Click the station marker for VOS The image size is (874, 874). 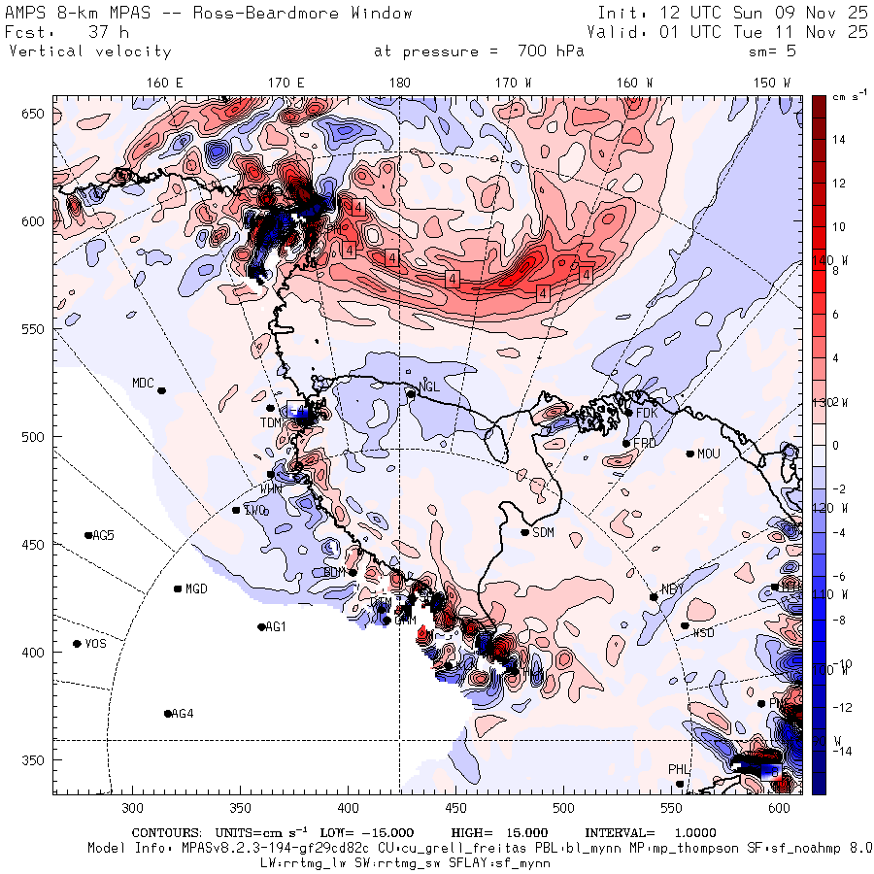[x=77, y=644]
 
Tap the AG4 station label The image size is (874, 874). [x=183, y=714]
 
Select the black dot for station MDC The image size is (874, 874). [x=161, y=390]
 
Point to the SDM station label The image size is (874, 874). [x=544, y=532]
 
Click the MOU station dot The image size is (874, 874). [x=689, y=454]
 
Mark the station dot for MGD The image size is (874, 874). [x=178, y=588]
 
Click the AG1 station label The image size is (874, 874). [x=276, y=627]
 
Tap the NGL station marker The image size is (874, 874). [x=411, y=393]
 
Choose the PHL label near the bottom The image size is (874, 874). [x=678, y=770]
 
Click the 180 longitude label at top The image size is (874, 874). [x=399, y=84]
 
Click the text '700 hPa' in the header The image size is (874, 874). [x=545, y=51]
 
